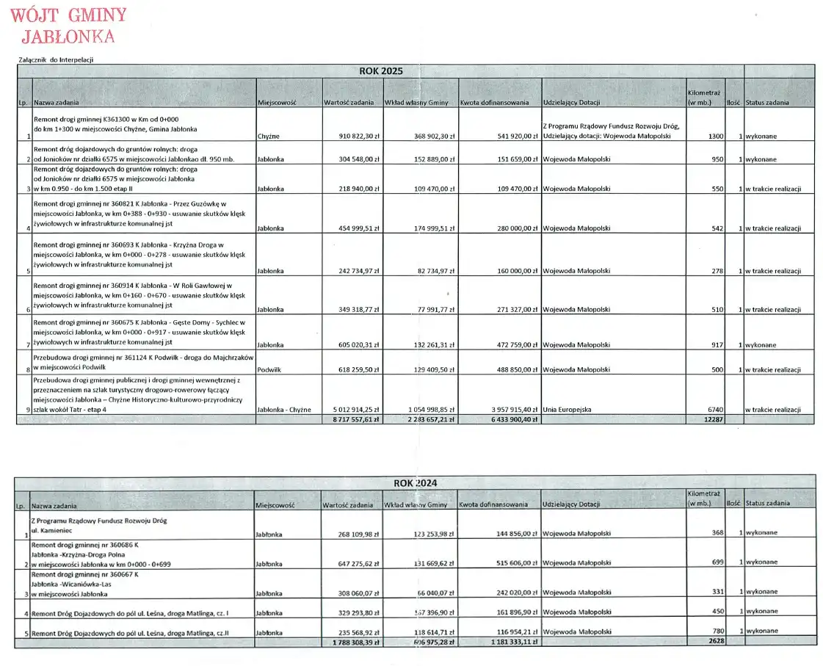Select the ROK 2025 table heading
point(380,71)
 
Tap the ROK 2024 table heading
point(415,482)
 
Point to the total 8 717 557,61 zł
point(355,419)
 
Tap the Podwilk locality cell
point(269,370)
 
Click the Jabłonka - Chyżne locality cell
point(284,410)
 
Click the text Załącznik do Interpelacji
point(57,59)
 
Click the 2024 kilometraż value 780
point(717,631)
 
